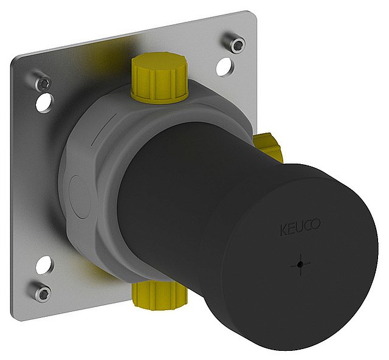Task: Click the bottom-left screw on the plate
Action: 42,292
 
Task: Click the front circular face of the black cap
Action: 304,255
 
